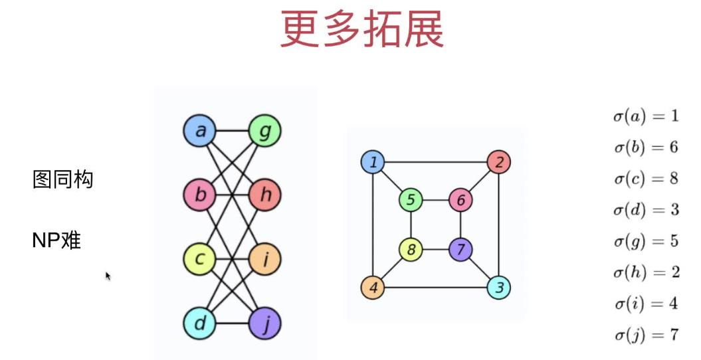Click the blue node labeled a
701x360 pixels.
click(200, 132)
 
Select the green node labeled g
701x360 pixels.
click(264, 132)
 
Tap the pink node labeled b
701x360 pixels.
click(200, 195)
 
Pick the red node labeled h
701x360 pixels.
click(264, 195)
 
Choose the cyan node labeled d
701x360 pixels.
click(200, 323)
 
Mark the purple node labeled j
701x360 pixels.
click(264, 323)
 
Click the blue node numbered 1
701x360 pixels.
click(373, 162)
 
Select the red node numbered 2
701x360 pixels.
click(498, 162)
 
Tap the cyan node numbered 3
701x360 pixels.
click(498, 288)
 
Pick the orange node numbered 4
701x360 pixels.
click(373, 288)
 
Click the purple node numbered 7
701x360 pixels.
click(460, 250)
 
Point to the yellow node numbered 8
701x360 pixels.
click(411, 250)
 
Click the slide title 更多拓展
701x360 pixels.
click(361, 30)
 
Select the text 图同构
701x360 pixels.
click(63, 179)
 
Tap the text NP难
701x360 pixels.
click(56, 240)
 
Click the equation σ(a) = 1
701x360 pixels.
click(645, 116)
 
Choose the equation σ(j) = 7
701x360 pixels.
click(645, 335)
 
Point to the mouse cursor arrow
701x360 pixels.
click(108, 276)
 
